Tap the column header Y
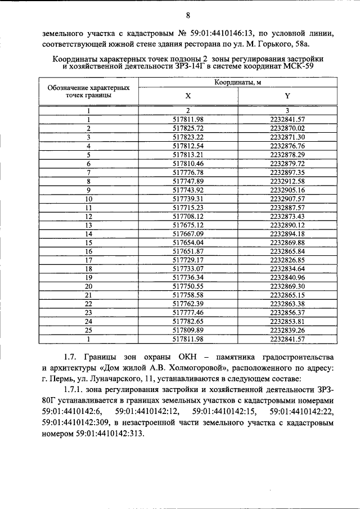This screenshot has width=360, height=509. click(x=287, y=96)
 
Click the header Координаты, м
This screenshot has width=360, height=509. click(x=237, y=83)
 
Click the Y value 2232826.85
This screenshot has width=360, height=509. click(x=287, y=260)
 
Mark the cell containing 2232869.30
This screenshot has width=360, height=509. click(x=287, y=286)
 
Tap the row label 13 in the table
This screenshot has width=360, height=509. click(x=88, y=225)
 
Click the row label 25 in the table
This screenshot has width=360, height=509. click(x=88, y=331)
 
